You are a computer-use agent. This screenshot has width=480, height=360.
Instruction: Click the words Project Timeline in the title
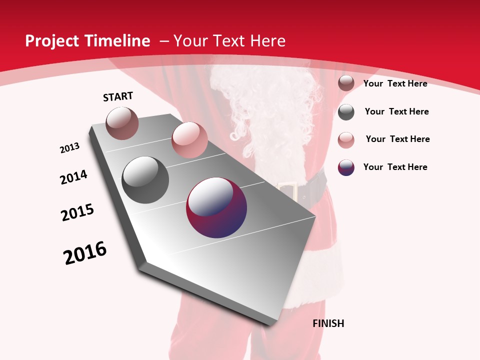click(x=87, y=41)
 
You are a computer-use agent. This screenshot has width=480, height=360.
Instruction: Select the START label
click(x=118, y=97)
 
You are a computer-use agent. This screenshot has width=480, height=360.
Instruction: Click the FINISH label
click(x=328, y=323)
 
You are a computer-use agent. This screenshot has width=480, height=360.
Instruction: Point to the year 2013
click(x=69, y=148)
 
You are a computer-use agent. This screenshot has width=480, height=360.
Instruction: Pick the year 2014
click(x=73, y=177)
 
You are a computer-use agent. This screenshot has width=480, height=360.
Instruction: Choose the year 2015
click(x=77, y=212)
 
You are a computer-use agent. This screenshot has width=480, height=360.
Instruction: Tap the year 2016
click(x=85, y=253)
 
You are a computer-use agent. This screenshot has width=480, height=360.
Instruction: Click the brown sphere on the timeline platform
click(x=122, y=123)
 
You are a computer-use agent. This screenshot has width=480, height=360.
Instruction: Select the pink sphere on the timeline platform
click(x=189, y=140)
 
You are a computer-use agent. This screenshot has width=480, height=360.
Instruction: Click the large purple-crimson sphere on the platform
click(x=216, y=207)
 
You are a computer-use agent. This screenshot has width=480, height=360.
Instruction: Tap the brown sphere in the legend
click(x=346, y=83)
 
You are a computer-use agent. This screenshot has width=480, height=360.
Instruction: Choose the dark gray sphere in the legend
click(x=346, y=112)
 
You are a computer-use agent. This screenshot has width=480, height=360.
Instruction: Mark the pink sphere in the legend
click(x=346, y=139)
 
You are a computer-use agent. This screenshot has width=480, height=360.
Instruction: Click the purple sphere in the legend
click(x=346, y=167)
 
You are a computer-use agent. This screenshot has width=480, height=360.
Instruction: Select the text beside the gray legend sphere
click(x=396, y=111)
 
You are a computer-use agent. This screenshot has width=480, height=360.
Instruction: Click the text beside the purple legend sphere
click(x=395, y=167)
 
